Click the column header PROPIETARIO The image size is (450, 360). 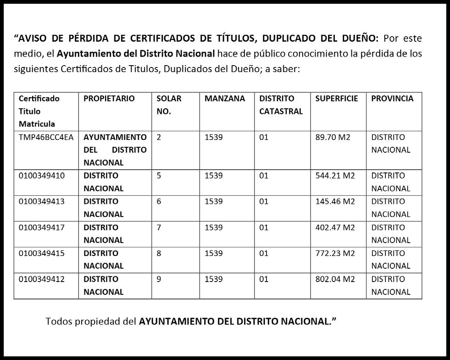point(109,99)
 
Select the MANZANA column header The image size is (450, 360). point(225,99)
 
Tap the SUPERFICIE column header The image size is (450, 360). point(336,99)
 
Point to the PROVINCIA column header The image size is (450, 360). point(392,99)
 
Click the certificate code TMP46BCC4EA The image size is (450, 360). point(46,137)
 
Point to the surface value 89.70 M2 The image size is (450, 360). point(333,137)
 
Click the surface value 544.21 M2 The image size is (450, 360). point(335,176)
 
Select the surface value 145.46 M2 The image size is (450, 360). point(335,201)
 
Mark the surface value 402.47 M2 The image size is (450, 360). point(335,227)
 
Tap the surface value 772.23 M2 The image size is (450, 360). point(335,253)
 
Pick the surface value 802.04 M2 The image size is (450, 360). point(335,279)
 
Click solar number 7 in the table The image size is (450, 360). point(159,227)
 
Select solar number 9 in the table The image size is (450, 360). point(159,279)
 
